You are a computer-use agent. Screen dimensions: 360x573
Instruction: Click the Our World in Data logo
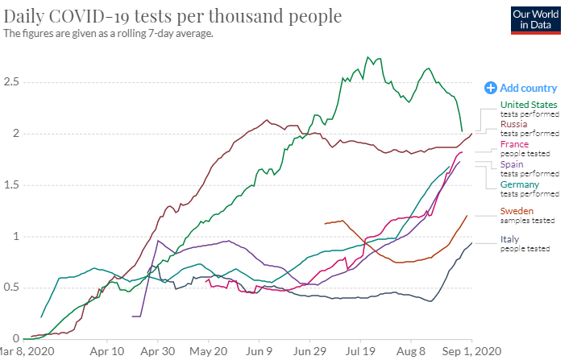point(536,19)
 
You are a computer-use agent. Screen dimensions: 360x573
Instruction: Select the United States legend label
point(529,105)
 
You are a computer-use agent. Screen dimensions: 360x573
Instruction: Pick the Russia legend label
point(514,125)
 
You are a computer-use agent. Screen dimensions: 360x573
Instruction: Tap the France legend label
point(515,144)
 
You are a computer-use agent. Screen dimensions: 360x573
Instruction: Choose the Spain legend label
point(513,164)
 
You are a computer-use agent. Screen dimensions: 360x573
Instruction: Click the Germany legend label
point(520,185)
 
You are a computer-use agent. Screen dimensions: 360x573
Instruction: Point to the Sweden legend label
point(517,211)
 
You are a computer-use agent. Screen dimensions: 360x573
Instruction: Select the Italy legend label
point(510,239)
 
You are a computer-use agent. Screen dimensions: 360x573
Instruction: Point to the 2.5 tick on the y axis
point(11,82)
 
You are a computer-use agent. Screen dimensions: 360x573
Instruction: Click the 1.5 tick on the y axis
point(11,185)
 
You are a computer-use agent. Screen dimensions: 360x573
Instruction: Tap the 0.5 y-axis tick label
point(11,288)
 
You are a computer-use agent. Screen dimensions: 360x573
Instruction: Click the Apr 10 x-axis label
point(106,352)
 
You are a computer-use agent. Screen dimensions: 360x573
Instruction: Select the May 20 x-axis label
point(209,352)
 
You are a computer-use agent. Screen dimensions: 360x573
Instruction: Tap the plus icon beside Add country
point(490,88)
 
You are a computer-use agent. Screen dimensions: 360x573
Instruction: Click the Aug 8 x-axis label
point(411,352)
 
